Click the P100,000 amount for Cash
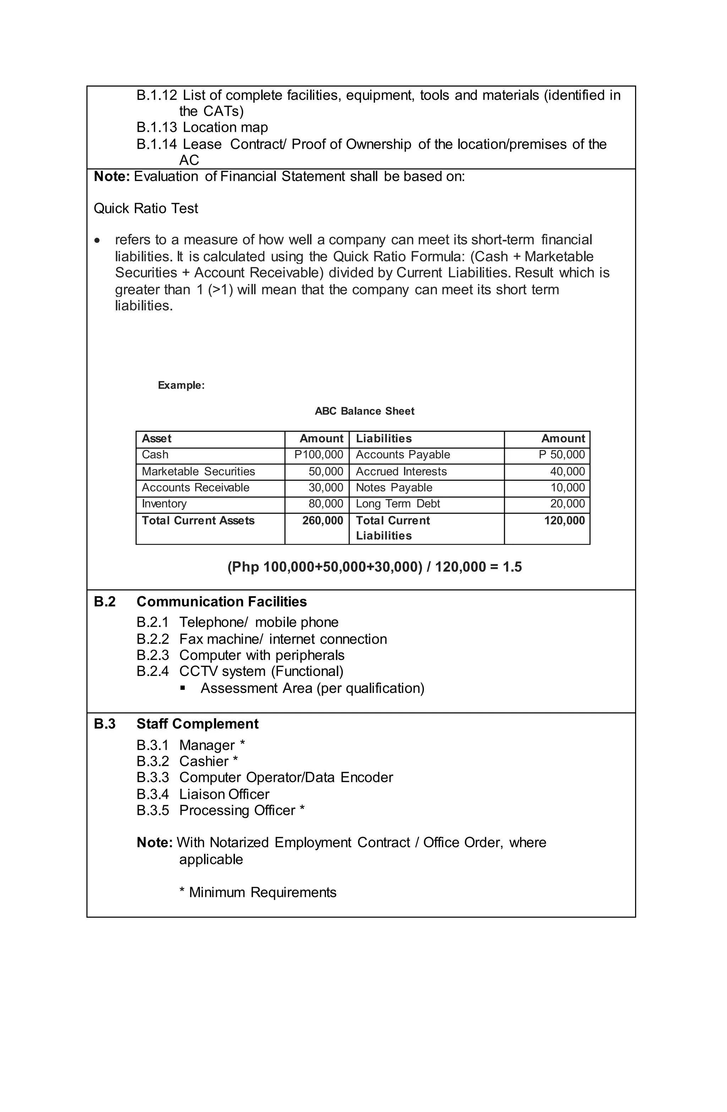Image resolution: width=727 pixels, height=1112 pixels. point(319,454)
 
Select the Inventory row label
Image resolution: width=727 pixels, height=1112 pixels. point(164,504)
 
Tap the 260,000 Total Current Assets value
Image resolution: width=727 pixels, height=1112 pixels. point(322,520)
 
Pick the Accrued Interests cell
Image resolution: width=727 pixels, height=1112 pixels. point(401,471)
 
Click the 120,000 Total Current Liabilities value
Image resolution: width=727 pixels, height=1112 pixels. point(564,520)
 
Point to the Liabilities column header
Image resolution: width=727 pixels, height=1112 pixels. point(384,438)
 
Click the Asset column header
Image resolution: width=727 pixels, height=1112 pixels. point(157,438)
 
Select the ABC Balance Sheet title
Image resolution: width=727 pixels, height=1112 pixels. point(365,411)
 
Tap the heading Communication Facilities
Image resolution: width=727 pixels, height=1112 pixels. point(222,602)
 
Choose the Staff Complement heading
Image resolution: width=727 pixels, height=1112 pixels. point(197,724)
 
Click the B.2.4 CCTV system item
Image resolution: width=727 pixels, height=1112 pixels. point(240,671)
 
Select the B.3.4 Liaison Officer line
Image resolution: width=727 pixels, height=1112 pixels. point(203,794)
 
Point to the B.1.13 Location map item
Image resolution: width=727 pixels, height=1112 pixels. point(202,127)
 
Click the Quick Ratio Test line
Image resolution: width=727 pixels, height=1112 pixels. point(146,208)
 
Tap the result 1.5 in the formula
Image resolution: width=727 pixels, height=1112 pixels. point(512,567)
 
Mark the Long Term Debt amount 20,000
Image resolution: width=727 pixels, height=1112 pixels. point(567,504)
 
